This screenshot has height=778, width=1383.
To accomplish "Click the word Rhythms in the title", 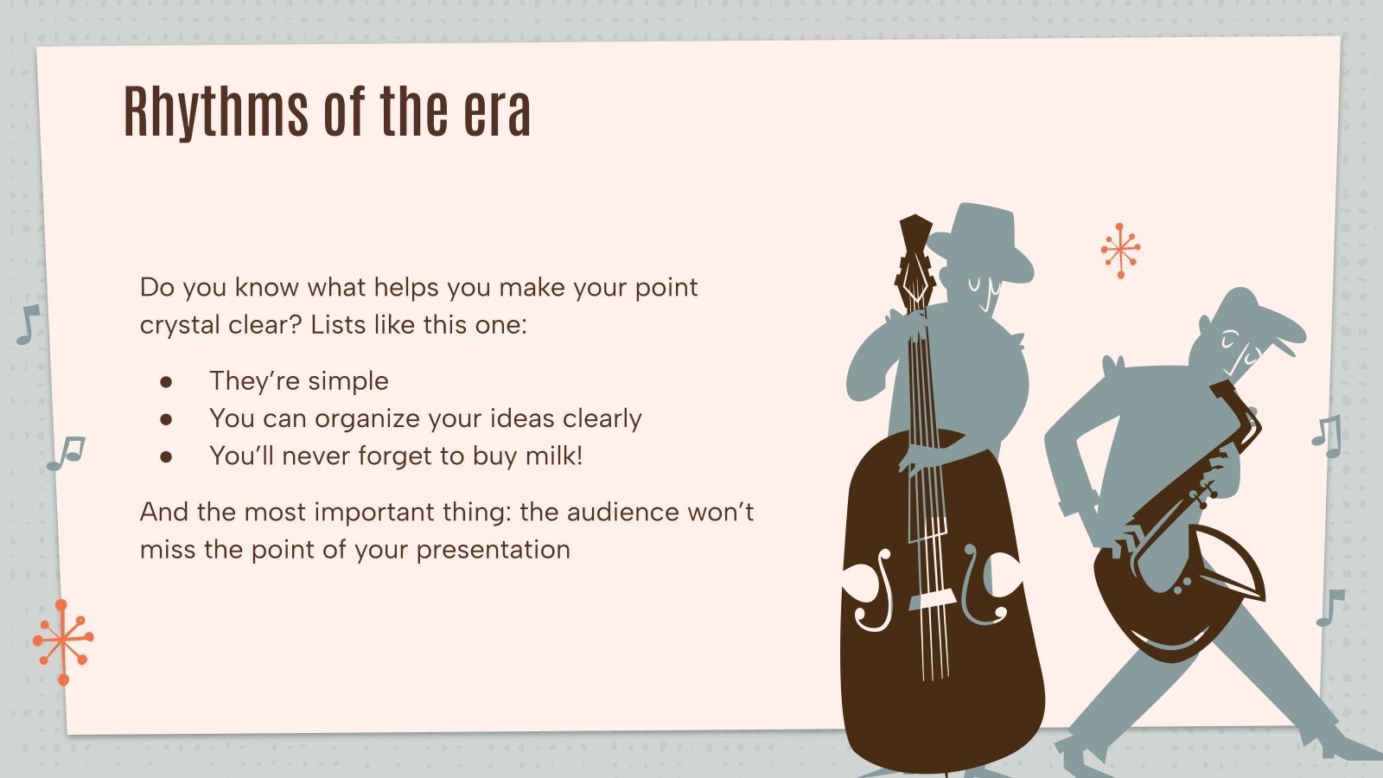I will pos(216,112).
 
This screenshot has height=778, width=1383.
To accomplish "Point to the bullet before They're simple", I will pos(166,381).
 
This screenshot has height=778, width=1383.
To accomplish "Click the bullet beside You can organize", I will pos(166,419).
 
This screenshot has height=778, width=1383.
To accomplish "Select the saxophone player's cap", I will pos(1258,316).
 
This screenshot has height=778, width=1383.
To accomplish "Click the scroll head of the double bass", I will pos(914,251).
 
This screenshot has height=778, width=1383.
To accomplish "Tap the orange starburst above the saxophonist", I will pos(1120,250).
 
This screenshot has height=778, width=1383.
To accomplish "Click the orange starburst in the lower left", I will pos(63,641).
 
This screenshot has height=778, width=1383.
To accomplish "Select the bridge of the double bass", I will pos(932,600).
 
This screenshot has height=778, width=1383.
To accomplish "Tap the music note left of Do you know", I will pos(28,324).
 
